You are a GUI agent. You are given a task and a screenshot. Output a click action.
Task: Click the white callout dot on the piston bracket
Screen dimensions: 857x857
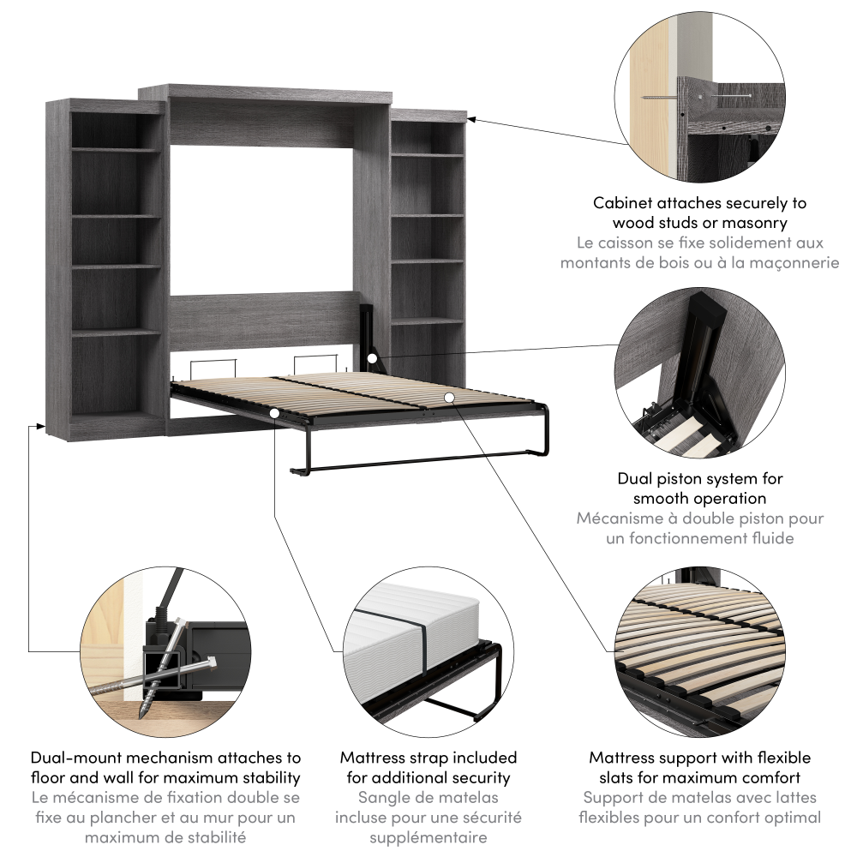click(373, 357)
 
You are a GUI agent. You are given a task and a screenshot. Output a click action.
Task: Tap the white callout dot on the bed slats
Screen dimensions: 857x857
click(449, 397)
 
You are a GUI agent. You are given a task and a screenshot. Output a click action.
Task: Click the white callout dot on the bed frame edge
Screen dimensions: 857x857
click(273, 413)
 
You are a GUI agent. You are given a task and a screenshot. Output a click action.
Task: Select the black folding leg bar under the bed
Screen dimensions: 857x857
click(420, 464)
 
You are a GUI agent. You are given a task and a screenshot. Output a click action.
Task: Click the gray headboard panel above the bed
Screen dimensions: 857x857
click(261, 321)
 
